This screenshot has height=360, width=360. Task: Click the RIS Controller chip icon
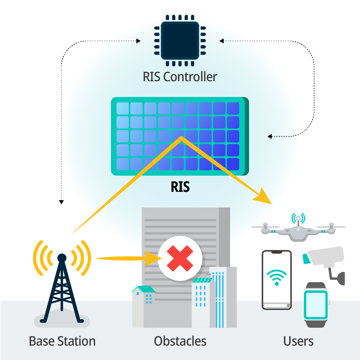point(180,40)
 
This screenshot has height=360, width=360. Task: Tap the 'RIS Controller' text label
point(180,77)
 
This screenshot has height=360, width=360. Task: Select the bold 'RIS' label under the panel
point(180,187)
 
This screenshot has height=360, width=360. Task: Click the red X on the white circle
point(180,258)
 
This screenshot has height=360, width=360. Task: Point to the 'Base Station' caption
point(62,341)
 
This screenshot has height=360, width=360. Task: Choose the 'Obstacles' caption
point(180,341)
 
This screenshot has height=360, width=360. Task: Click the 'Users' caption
point(298,341)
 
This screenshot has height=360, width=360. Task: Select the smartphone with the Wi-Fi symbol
point(277,280)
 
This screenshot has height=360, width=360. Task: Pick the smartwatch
point(316,304)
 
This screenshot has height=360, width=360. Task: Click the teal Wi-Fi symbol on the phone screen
point(277,277)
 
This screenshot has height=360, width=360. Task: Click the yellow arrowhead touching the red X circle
point(152,258)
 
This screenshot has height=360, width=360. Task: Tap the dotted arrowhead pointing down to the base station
point(61,202)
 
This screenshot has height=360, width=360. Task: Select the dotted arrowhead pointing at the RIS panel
point(270,137)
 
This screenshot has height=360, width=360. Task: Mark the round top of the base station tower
point(62,258)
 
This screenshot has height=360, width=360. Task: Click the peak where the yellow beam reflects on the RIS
point(181,138)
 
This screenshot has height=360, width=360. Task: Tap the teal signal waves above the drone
point(298,218)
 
